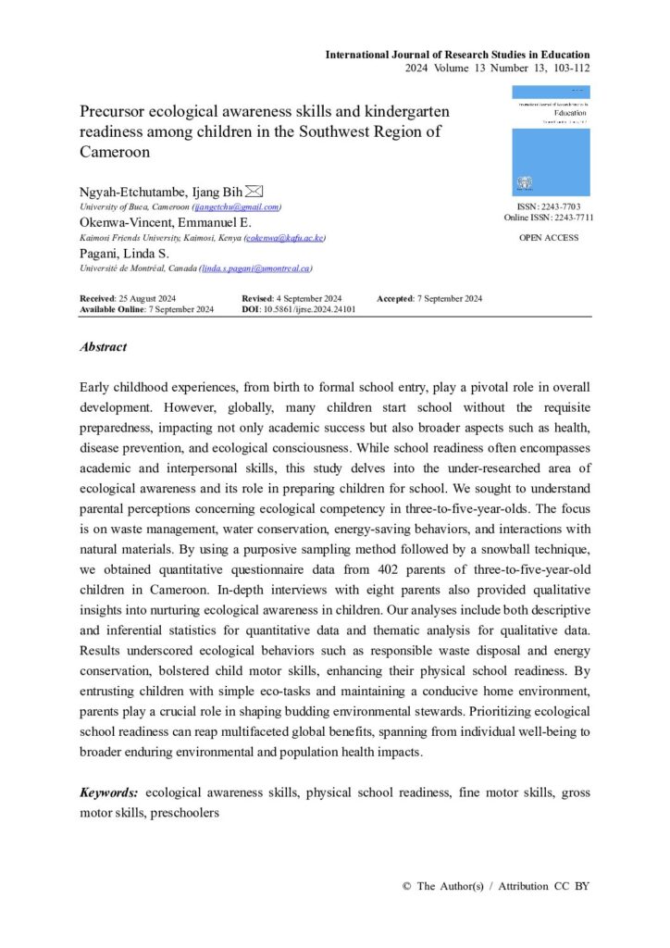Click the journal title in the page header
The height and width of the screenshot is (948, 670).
pyautogui.click(x=457, y=55)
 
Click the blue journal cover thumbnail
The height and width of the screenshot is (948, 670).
pyautogui.click(x=551, y=141)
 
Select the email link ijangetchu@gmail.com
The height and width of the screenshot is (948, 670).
pyautogui.click(x=236, y=207)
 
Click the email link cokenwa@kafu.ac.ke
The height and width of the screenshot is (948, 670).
pyautogui.click(x=284, y=238)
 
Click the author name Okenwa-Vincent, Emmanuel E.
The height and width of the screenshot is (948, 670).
pyautogui.click(x=165, y=223)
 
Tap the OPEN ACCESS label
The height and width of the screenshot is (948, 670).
pyautogui.click(x=550, y=238)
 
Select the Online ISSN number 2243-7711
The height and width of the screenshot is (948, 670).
pyautogui.click(x=572, y=218)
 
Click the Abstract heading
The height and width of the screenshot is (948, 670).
pyautogui.click(x=104, y=347)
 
